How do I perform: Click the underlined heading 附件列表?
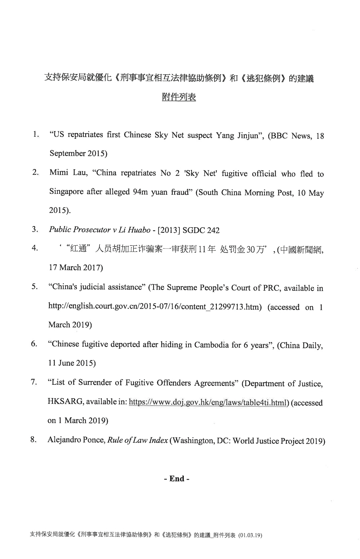coord(179,97)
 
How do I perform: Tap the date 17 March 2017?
coord(76,267)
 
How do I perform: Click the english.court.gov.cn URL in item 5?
coord(155,307)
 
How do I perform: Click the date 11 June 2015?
coord(72,363)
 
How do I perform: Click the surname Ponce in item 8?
coord(95,440)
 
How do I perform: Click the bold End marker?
coord(177,478)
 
